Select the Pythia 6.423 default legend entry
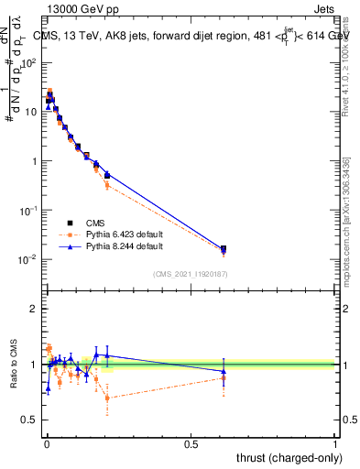[117, 234]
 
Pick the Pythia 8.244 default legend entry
[117, 246]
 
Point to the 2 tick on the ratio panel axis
[35, 309]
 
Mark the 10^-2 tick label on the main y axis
[28, 260]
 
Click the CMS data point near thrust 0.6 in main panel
[224, 248]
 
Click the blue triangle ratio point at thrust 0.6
[224, 371]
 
